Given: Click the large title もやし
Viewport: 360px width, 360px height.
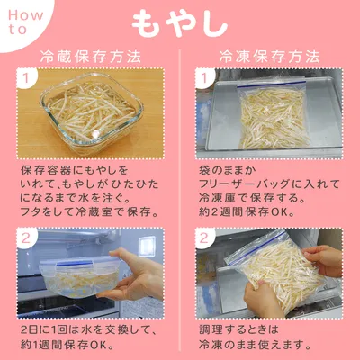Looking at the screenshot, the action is click(180, 23).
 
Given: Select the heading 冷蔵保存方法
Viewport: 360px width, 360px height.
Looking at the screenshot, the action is click(91, 57).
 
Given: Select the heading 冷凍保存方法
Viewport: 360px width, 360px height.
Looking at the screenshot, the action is click(269, 57).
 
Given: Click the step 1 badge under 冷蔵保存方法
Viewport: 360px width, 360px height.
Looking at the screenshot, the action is click(26, 78).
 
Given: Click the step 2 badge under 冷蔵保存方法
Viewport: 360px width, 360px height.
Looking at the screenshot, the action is click(26, 238).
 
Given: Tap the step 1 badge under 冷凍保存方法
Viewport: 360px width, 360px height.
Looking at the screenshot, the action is click(204, 78).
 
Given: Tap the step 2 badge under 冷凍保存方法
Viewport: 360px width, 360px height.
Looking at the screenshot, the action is click(204, 238).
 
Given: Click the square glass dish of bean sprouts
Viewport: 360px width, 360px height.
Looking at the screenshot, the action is click(91, 113).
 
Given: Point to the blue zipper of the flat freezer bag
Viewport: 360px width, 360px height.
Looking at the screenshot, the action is click(271, 85).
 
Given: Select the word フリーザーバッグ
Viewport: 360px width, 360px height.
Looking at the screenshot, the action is click(244, 184).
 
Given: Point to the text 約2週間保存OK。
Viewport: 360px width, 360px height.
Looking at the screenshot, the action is click(247, 212).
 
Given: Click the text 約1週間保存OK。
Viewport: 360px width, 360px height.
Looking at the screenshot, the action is click(67, 345).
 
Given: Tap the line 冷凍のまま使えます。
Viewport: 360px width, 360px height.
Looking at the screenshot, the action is click(255, 345).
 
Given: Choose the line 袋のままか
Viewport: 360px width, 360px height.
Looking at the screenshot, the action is click(227, 170).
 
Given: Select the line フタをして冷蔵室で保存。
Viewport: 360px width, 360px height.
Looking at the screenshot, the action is click(90, 212).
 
